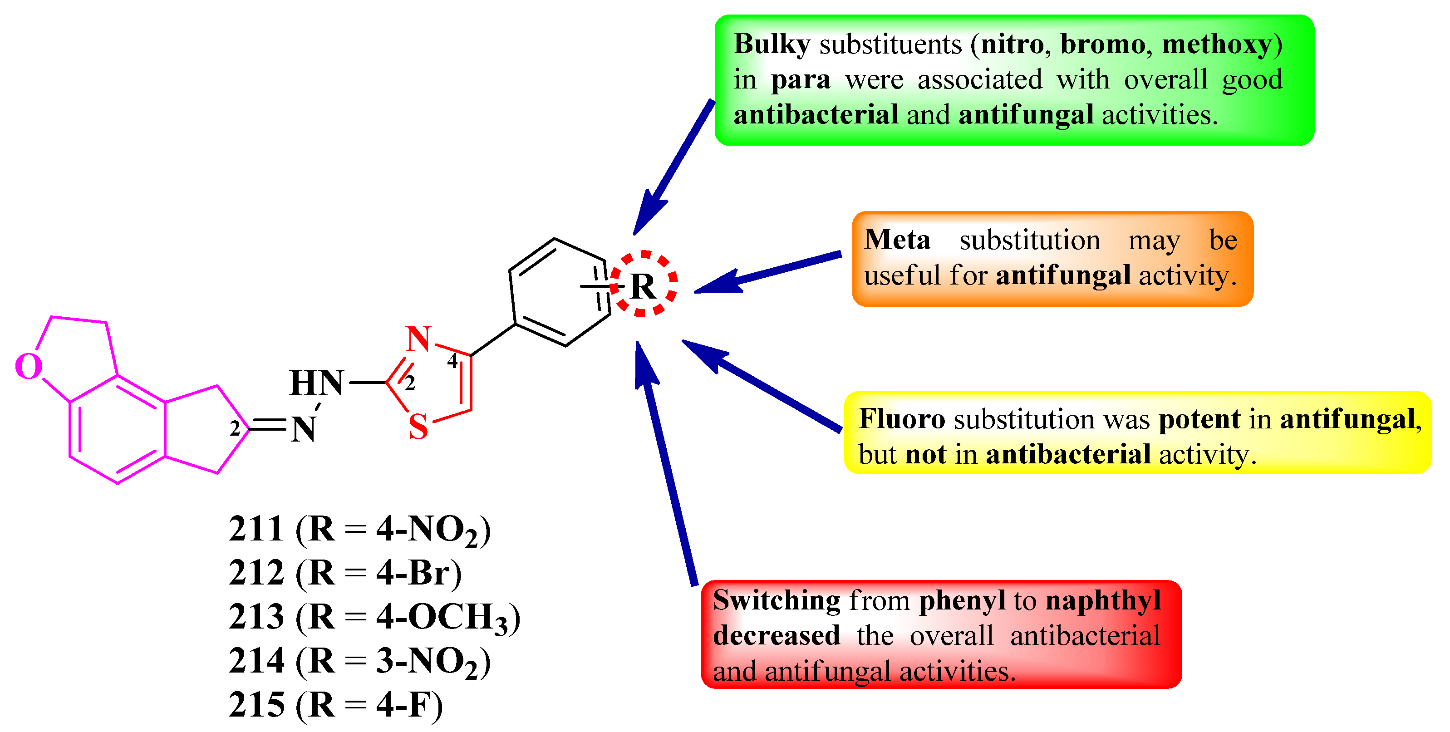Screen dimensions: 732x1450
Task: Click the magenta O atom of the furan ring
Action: (28, 367)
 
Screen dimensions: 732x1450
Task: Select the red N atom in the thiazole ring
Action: (418, 339)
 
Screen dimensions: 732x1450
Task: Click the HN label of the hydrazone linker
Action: (316, 383)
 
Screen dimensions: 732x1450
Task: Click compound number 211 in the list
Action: (256, 529)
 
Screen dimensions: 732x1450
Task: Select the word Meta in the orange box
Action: (897, 240)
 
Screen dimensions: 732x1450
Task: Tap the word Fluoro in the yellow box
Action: (902, 419)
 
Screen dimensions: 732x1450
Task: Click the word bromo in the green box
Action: (1101, 44)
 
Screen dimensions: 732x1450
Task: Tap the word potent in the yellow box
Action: (1199, 419)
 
